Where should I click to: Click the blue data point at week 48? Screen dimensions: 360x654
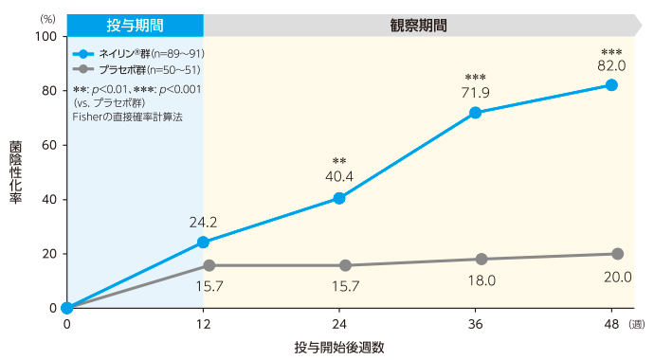tap(611, 85)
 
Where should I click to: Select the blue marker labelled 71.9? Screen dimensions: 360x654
tap(476, 113)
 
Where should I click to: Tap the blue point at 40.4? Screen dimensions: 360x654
tap(339, 198)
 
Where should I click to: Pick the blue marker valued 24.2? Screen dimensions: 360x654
tap(203, 242)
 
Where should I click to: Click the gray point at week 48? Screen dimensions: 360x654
tap(617, 254)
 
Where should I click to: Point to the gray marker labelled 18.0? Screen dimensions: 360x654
tap(481, 259)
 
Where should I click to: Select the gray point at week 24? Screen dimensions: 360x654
tap(345, 265)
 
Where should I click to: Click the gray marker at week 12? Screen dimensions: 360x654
tap(209, 265)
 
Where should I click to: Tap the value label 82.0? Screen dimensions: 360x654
tap(611, 65)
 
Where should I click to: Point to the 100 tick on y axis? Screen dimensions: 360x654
tap(45, 36)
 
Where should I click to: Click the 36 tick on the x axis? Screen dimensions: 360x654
tap(476, 325)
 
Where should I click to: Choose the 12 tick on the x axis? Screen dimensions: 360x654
tap(203, 325)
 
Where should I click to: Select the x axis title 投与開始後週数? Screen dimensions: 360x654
tap(338, 347)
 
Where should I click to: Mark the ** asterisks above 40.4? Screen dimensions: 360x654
tap(339, 161)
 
